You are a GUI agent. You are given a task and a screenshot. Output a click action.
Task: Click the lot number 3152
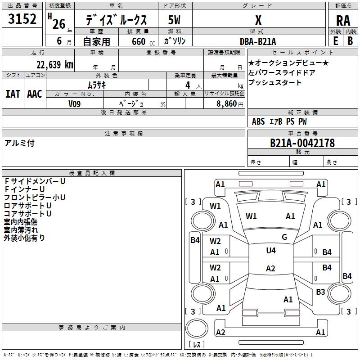(22, 19)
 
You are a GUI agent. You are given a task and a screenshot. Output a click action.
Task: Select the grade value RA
(343, 21)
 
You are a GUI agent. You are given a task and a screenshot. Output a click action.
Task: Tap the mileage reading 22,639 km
(54, 65)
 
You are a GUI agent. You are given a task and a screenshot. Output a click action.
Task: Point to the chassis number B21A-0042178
(302, 143)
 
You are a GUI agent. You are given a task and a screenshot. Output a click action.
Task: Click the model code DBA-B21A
(258, 41)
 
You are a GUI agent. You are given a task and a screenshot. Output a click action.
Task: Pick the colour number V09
(74, 104)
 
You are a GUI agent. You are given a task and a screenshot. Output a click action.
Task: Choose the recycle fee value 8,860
(226, 104)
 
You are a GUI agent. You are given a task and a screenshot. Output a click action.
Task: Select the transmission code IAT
(13, 94)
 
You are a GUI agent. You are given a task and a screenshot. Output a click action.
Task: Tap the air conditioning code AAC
(35, 94)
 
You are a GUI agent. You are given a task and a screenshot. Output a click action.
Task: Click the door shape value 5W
(174, 20)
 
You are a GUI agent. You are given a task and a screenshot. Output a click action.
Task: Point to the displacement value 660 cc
(143, 42)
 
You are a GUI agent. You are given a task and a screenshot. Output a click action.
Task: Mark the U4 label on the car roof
(271, 250)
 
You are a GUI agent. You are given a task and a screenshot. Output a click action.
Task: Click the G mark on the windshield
(284, 237)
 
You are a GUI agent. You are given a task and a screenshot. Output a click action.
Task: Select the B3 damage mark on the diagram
(320, 292)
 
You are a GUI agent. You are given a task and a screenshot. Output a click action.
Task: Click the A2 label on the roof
(270, 268)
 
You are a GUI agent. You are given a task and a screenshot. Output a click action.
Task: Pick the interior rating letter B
(350, 41)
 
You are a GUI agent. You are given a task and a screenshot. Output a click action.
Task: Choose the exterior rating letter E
(336, 41)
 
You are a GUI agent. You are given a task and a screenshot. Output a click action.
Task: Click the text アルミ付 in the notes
(19, 143)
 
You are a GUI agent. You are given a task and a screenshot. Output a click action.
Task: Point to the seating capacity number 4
(188, 85)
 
